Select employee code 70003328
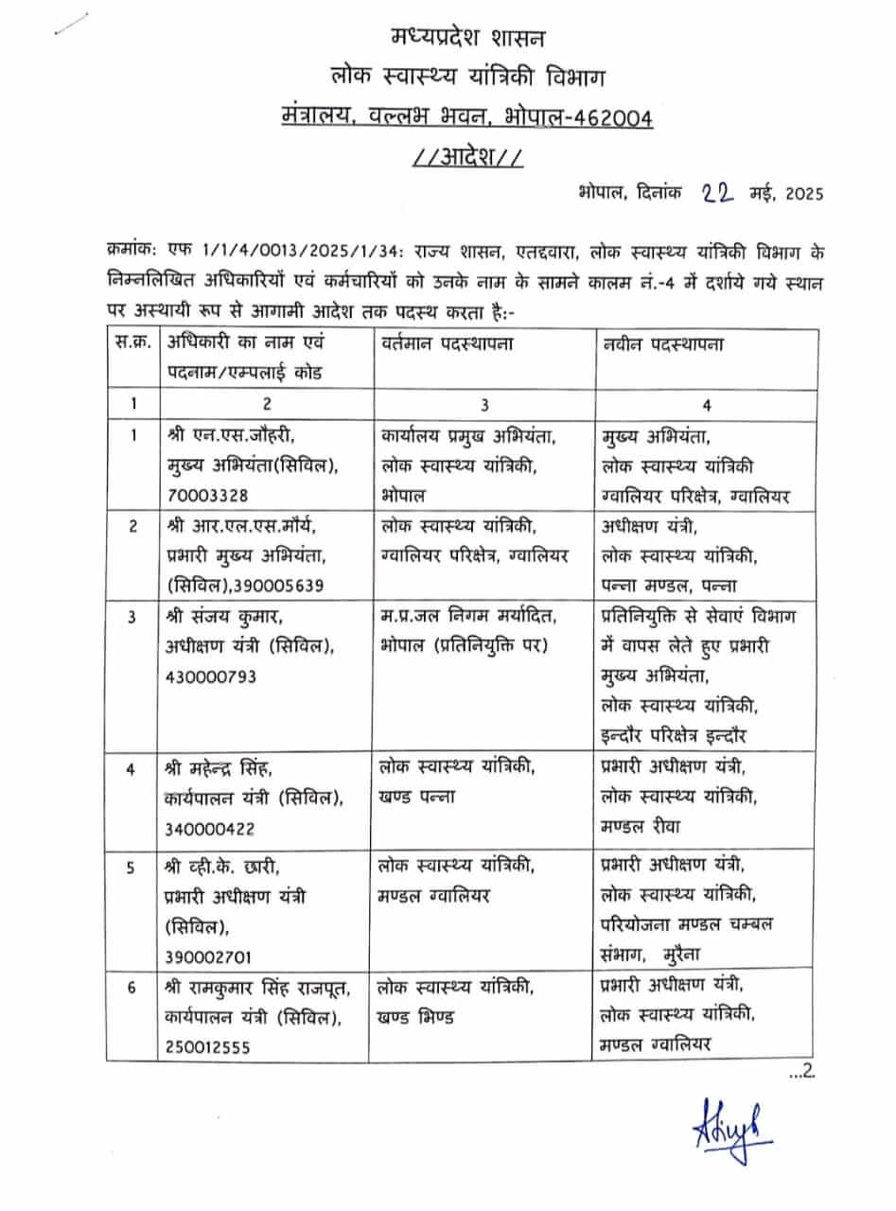pos(211,494)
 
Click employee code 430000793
pos(216,677)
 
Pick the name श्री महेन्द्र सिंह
pos(224,768)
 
